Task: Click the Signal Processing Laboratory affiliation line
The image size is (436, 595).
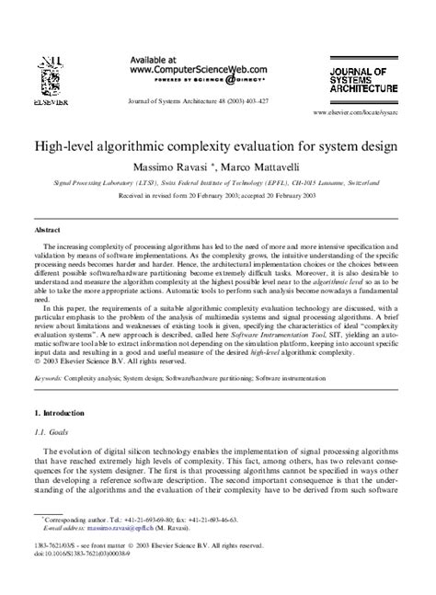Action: coord(217,183)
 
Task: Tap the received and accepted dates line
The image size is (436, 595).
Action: coord(217,196)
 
